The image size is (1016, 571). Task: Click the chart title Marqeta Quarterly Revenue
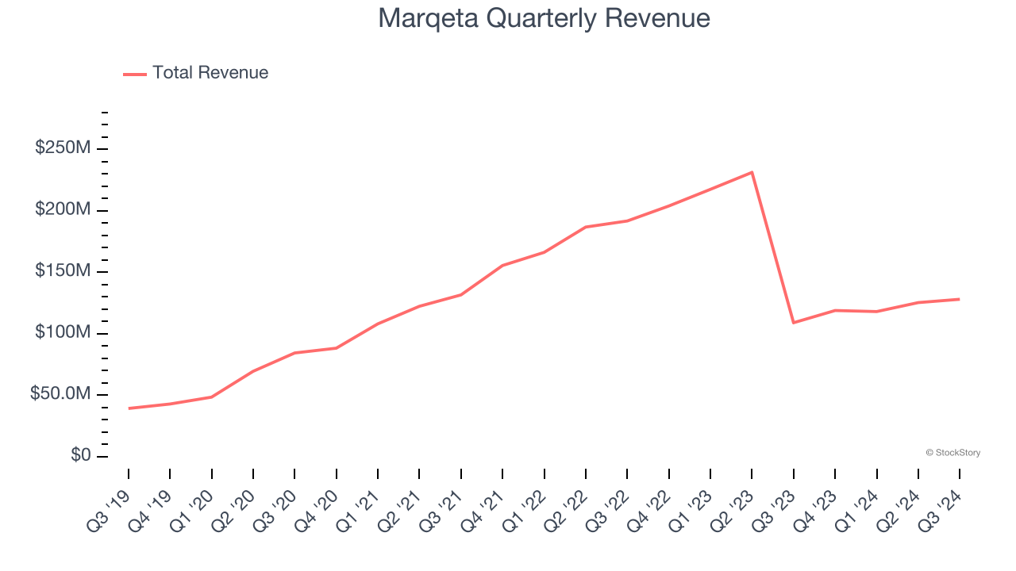click(x=544, y=18)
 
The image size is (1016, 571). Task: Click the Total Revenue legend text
click(x=210, y=73)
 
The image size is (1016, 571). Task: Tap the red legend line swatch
click(x=135, y=74)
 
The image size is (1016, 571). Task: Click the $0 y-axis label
click(x=81, y=456)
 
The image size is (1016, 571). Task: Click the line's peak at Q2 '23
click(x=752, y=172)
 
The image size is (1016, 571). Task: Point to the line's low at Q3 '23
click(x=793, y=323)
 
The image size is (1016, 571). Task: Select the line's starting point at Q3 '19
click(x=129, y=408)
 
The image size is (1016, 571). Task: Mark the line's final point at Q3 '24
click(x=959, y=299)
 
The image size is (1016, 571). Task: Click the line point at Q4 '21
click(x=502, y=266)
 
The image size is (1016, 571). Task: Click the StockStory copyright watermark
click(x=952, y=453)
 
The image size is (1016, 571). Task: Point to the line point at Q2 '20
click(x=253, y=371)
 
